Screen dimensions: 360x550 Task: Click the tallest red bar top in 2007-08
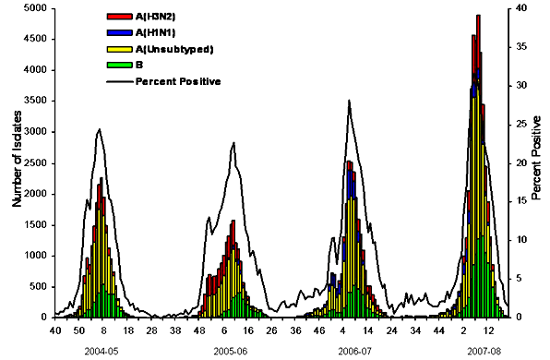pyautogui.click(x=478, y=16)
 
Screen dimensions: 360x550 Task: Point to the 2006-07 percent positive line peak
pyautogui.click(x=349, y=100)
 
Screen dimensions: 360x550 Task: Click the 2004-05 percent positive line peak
pyautogui.click(x=99, y=129)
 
